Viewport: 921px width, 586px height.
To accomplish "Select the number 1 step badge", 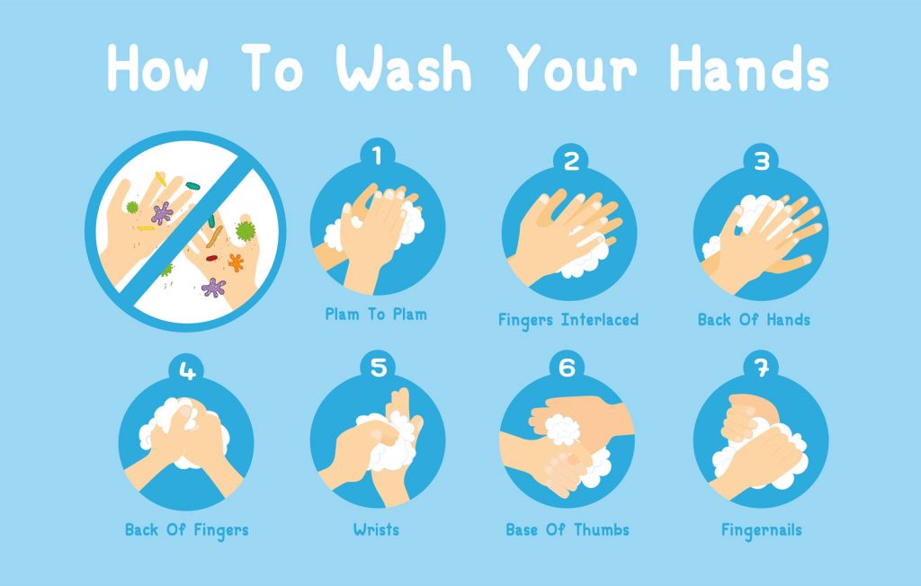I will pyautogui.click(x=377, y=155).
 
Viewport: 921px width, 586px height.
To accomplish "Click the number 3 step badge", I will pyautogui.click(x=762, y=161).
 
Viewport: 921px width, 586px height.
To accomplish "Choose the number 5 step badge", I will pyautogui.click(x=377, y=367).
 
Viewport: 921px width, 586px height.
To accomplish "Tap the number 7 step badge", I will pyautogui.click(x=762, y=367).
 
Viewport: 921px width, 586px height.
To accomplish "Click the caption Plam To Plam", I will pyautogui.click(x=376, y=314).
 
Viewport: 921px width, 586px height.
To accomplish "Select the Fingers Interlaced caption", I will pyautogui.click(x=568, y=319).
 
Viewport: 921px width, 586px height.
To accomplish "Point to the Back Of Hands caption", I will pyautogui.click(x=754, y=319).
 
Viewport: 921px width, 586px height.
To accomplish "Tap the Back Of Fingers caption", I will pyautogui.click(x=186, y=529).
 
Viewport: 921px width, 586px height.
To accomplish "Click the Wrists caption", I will pyautogui.click(x=377, y=529).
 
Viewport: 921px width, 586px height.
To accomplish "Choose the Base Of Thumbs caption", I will pyautogui.click(x=568, y=529).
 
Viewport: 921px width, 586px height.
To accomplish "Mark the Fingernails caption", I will pyautogui.click(x=761, y=529).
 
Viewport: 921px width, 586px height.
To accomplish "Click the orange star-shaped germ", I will pyautogui.click(x=237, y=262).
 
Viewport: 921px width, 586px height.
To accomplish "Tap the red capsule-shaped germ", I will pyautogui.click(x=211, y=258).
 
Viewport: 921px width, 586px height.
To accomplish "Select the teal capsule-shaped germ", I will pyautogui.click(x=192, y=186).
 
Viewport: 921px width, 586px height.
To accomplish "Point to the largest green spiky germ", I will pyautogui.click(x=245, y=230).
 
